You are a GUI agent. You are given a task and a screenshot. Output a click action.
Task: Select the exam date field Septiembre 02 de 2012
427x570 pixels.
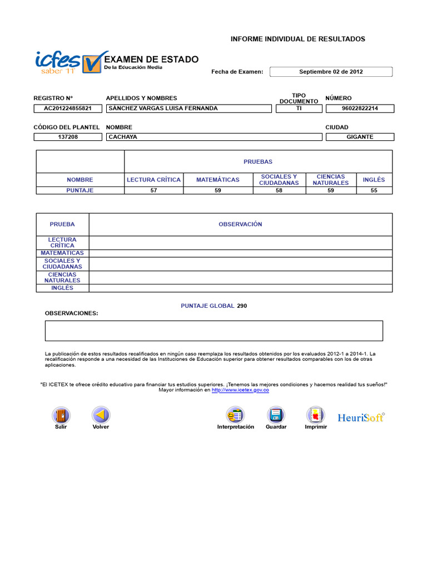tap(331, 72)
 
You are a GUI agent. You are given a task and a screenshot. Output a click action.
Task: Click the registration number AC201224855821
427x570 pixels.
tap(68, 109)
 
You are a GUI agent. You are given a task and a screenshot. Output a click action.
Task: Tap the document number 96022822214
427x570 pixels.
tap(360, 109)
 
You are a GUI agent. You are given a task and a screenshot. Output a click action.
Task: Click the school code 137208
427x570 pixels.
tap(68, 137)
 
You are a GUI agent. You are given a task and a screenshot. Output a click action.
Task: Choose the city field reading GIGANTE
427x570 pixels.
tap(360, 137)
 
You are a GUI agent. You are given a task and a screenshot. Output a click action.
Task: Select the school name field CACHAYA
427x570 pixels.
tap(214, 137)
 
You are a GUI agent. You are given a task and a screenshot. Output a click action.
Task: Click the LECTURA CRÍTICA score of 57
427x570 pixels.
tap(153, 190)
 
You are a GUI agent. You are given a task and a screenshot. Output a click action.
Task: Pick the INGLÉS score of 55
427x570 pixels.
tap(374, 190)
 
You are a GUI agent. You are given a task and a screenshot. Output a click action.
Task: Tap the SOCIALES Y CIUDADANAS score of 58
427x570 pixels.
tap(279, 190)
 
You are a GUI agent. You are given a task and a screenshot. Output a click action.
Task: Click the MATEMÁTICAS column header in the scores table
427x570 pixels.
tap(218, 180)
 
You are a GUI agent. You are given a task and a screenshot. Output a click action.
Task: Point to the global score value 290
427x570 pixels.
tap(242, 306)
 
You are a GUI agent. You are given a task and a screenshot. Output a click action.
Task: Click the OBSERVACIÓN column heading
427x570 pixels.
tap(240, 224)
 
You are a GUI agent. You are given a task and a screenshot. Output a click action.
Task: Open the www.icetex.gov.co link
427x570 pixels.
tap(240, 390)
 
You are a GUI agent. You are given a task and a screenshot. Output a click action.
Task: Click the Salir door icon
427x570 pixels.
tap(61, 415)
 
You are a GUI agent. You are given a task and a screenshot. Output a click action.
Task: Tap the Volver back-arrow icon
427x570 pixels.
tap(101, 415)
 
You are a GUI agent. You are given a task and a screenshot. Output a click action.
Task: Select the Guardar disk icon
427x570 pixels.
tap(276, 415)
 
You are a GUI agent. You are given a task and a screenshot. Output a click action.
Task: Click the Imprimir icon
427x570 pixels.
tap(316, 415)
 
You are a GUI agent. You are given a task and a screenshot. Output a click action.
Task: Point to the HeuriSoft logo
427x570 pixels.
tap(361, 417)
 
